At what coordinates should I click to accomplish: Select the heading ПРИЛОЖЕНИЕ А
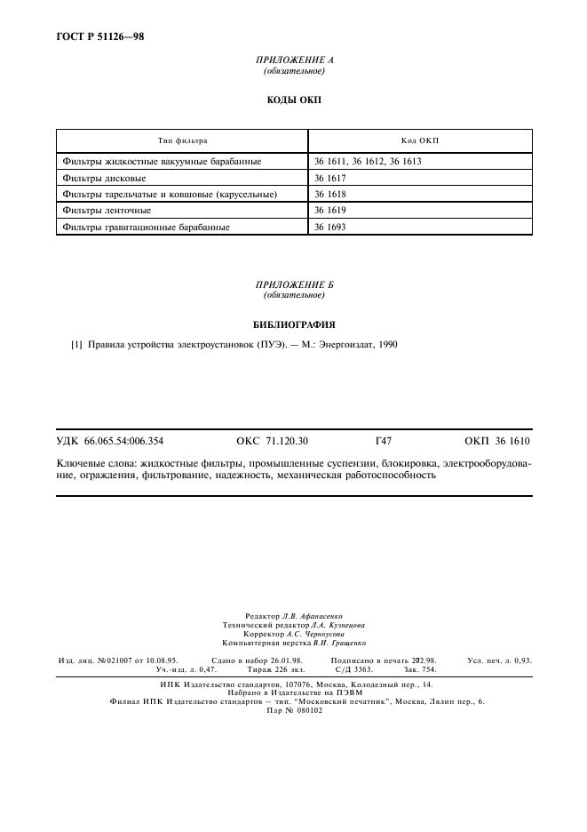294,60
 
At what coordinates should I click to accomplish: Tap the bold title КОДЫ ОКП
294,100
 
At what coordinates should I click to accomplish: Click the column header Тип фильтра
182,140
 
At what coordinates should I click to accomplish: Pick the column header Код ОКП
421,140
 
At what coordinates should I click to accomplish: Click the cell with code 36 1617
329,178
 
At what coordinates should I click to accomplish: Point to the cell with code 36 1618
329,194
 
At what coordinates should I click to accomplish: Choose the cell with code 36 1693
329,227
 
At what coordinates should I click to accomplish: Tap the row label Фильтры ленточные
107,211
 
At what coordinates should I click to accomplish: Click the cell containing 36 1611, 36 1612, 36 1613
368,162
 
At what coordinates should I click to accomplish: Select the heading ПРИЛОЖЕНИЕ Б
294,284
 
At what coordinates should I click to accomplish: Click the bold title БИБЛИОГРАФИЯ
294,324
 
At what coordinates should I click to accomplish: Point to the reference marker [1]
76,346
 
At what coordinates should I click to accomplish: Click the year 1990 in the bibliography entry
387,346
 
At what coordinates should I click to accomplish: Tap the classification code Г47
385,441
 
